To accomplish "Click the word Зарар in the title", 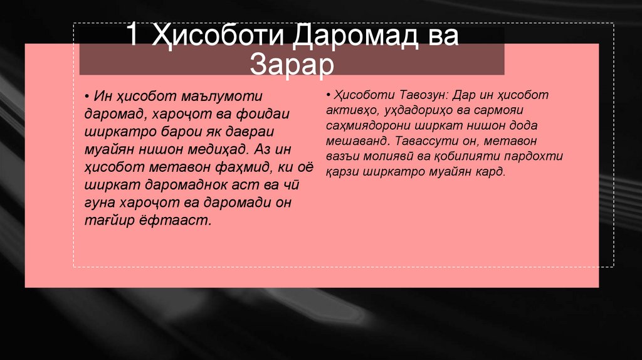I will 292,65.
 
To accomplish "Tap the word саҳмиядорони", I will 360,126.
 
